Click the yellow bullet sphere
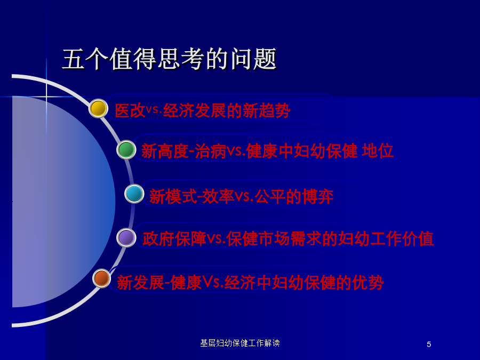[98, 108]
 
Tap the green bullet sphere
[126, 150]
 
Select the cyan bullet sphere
[134, 194]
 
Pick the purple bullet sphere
[126, 237]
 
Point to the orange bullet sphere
[102, 278]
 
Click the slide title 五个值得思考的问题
[169, 59]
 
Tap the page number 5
[429, 344]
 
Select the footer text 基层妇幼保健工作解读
[240, 343]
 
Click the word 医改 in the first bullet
[130, 110]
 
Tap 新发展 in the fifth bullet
[141, 282]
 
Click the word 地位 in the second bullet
[378, 151]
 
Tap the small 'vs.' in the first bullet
[154, 109]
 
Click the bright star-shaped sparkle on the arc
[46, 97]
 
